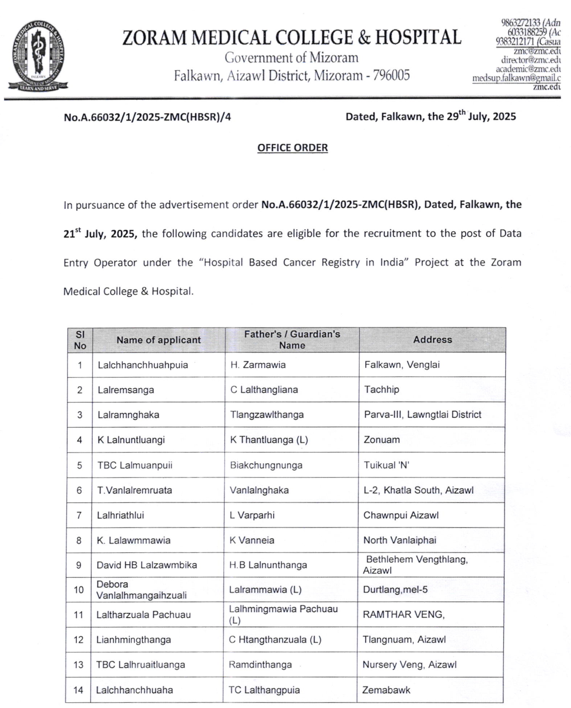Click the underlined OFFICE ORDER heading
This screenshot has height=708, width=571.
[293, 148]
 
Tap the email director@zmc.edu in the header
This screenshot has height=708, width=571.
[531, 60]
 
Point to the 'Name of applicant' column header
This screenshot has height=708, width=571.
[159, 340]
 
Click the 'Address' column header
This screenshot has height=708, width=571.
[433, 340]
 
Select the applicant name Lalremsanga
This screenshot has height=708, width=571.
[126, 390]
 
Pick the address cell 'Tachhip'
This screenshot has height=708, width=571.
[382, 390]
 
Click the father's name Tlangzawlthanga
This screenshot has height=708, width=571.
[267, 414]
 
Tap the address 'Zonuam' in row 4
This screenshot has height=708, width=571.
[382, 440]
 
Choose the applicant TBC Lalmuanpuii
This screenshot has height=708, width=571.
[135, 465]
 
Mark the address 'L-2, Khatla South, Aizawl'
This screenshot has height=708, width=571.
[419, 490]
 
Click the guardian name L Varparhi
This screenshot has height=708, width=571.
[252, 515]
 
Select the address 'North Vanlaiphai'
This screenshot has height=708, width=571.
[400, 540]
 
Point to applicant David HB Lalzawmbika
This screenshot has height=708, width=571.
[147, 565]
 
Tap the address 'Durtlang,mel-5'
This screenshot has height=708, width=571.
[395, 589]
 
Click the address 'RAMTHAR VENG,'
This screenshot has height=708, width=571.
[404, 615]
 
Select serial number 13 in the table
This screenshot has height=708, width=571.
[78, 665]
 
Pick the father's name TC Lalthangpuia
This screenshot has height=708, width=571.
[264, 690]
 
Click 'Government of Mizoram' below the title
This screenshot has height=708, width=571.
[292, 58]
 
